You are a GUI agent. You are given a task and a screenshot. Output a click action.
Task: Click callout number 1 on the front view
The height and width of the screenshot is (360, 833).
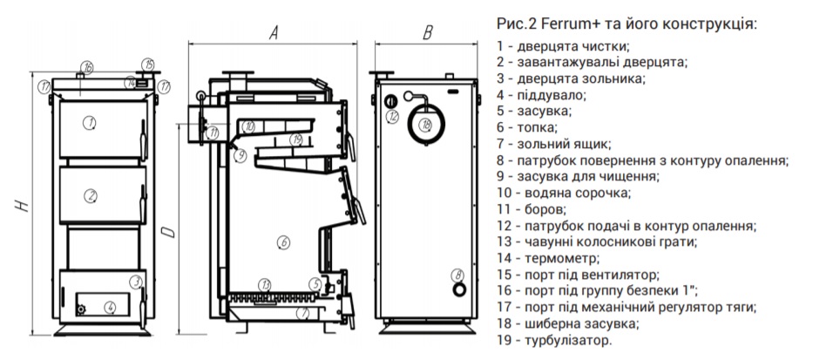click(89, 124)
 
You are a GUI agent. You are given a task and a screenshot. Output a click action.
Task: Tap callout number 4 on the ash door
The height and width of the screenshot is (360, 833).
click(109, 306)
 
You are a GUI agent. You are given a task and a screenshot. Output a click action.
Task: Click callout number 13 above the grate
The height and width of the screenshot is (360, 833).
click(266, 285)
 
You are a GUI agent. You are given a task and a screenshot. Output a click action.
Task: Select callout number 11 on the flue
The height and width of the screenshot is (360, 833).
click(214, 132)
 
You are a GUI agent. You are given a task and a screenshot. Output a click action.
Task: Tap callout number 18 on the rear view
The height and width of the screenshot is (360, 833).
click(426, 125)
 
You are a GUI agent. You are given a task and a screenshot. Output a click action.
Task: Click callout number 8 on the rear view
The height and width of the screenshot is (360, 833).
click(457, 276)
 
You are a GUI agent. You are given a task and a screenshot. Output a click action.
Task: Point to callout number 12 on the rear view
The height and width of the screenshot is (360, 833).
click(393, 115)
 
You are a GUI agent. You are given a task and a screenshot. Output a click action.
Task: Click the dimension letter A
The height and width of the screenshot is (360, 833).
click(273, 33)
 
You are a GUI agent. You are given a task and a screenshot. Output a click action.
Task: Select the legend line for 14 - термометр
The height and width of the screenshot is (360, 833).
click(549, 258)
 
